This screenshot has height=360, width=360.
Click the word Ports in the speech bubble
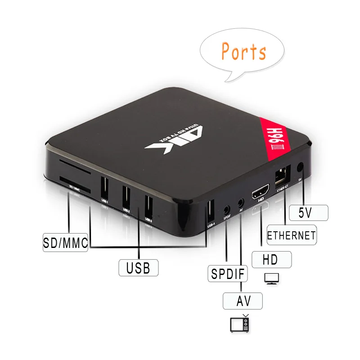[243, 52]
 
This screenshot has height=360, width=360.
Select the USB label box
[138, 268]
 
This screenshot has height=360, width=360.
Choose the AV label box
[243, 300]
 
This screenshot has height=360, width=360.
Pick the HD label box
[271, 260]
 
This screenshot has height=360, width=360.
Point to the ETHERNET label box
[291, 235]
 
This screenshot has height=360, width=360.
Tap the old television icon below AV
[239, 324]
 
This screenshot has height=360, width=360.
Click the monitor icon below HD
[272, 278]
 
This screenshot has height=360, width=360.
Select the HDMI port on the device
[260, 193]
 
